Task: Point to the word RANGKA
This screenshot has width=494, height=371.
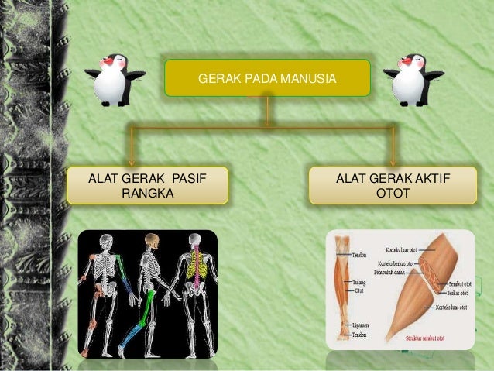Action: tap(147, 193)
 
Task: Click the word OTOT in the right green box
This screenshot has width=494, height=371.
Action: tap(393, 193)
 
